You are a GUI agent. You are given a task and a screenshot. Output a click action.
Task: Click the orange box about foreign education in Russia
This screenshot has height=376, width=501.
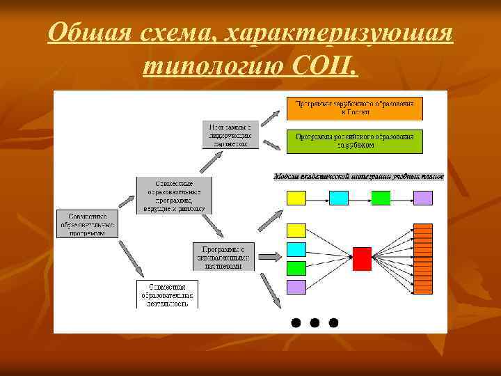point(355,109)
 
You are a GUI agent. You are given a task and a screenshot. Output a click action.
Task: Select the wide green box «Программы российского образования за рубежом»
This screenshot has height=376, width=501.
point(355,141)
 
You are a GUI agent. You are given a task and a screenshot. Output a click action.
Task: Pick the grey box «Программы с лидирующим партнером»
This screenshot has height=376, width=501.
point(231,135)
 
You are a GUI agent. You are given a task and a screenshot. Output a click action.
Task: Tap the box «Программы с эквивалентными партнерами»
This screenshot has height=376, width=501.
point(224,257)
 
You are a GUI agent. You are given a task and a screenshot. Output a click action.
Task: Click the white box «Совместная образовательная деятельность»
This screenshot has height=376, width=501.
point(166,294)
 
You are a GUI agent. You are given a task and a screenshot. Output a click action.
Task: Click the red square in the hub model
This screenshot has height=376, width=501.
point(363,258)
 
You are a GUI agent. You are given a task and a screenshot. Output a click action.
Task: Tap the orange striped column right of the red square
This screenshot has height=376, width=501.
point(423,258)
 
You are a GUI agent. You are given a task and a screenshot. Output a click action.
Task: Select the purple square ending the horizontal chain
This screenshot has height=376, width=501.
point(423,198)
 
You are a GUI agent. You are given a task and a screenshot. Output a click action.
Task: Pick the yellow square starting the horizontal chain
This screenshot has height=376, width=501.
point(297,198)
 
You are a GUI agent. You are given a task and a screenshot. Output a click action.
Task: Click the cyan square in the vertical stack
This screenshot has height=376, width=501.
point(297,249)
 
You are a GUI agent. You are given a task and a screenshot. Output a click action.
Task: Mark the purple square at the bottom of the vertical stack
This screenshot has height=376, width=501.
point(297,286)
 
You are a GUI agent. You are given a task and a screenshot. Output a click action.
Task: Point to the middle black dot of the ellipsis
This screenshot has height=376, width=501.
point(315,322)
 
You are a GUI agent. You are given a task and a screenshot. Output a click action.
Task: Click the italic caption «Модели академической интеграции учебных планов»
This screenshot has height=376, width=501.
point(358,177)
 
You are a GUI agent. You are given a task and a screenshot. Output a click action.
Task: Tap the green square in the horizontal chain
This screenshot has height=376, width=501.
point(381,198)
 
